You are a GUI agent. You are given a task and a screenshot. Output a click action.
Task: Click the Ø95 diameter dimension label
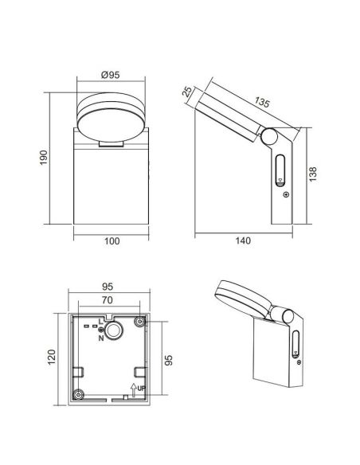click(x=111, y=75)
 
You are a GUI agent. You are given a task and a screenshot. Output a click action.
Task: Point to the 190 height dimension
click(x=44, y=158)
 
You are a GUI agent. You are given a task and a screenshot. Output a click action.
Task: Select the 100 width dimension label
click(x=112, y=240)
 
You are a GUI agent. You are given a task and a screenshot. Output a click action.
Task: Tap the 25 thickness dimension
click(x=187, y=92)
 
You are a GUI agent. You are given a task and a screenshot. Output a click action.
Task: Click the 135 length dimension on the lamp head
click(x=262, y=102)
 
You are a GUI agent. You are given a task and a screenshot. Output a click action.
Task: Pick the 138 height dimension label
click(x=312, y=174)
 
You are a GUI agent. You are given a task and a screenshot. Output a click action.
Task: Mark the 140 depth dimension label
click(x=243, y=240)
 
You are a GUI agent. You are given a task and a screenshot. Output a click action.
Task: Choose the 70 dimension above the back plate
click(x=107, y=300)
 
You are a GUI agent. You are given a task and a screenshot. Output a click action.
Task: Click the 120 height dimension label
click(x=52, y=357)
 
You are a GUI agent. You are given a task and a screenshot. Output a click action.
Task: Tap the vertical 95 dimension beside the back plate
click(x=168, y=360)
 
